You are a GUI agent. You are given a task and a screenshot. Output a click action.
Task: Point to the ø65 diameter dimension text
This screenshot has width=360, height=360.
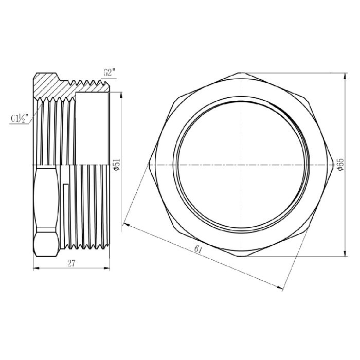point(340,164)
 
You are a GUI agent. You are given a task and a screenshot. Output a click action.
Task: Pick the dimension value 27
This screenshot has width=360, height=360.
point(71,263)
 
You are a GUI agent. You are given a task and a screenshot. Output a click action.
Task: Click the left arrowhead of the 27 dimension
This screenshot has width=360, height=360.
point(35,268)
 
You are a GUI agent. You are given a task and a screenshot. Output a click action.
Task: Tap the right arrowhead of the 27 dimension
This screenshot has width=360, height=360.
point(109,268)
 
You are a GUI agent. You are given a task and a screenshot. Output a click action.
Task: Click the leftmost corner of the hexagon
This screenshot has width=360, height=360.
point(148,164)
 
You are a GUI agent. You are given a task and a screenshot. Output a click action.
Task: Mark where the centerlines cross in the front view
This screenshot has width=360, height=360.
point(242,164)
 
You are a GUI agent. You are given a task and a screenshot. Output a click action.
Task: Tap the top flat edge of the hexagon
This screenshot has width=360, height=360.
point(242,73)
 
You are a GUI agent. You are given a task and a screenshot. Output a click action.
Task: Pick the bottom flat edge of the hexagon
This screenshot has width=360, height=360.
point(242,256)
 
